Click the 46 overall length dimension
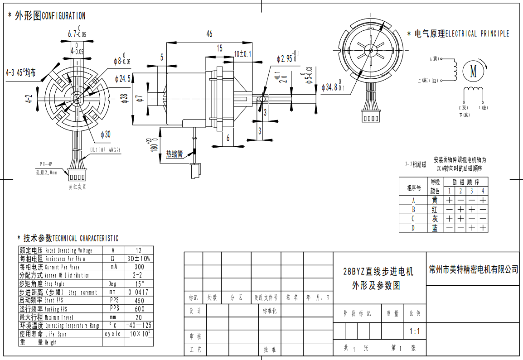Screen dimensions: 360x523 click(x=209, y=34)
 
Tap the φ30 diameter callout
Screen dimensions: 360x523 click(x=105, y=134)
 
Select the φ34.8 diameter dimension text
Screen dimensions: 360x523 click(x=333, y=87)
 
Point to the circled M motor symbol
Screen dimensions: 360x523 click(x=474, y=71)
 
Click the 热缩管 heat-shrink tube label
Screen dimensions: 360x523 click(x=174, y=154)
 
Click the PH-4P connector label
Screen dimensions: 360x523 click(x=46, y=164)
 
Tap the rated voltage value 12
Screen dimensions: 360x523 click(x=139, y=250)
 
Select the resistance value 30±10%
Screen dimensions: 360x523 click(x=139, y=259)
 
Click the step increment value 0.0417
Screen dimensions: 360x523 click(x=139, y=292)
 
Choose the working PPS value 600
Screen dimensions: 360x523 click(x=139, y=308)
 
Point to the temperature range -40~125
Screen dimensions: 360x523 click(x=139, y=325)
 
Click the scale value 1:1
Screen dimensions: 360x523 click(x=415, y=331)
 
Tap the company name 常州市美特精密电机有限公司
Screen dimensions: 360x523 click(x=474, y=269)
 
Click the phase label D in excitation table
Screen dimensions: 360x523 click(x=413, y=228)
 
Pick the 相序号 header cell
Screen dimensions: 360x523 click(x=414, y=187)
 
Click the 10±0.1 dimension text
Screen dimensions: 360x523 click(x=242, y=54)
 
